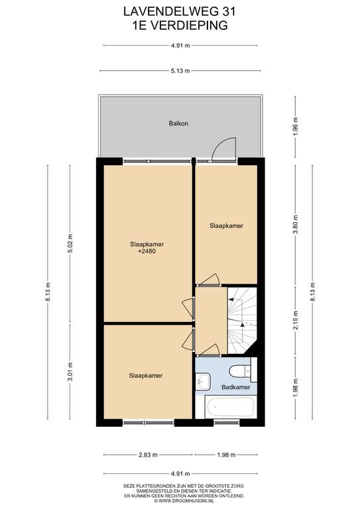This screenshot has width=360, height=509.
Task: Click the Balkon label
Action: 178,123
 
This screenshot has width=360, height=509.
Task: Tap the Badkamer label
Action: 235,387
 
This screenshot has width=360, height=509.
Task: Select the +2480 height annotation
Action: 147,251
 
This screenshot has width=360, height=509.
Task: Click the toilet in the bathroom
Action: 240,371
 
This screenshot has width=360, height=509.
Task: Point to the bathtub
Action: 231,407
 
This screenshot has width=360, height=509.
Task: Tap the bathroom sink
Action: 203,381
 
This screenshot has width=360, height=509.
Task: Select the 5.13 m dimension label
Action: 180,71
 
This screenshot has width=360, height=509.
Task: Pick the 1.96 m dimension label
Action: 295,127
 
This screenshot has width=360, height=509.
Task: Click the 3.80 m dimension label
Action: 295,225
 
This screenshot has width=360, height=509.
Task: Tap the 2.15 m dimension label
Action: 295,320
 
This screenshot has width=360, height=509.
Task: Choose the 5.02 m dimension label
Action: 70,243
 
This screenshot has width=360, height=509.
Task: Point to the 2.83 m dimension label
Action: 148,455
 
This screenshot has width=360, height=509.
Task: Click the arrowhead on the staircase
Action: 242,324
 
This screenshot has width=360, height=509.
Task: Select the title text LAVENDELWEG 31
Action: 180,12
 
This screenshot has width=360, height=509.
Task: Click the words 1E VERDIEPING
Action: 180,25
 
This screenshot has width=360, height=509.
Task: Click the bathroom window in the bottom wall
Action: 227,422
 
